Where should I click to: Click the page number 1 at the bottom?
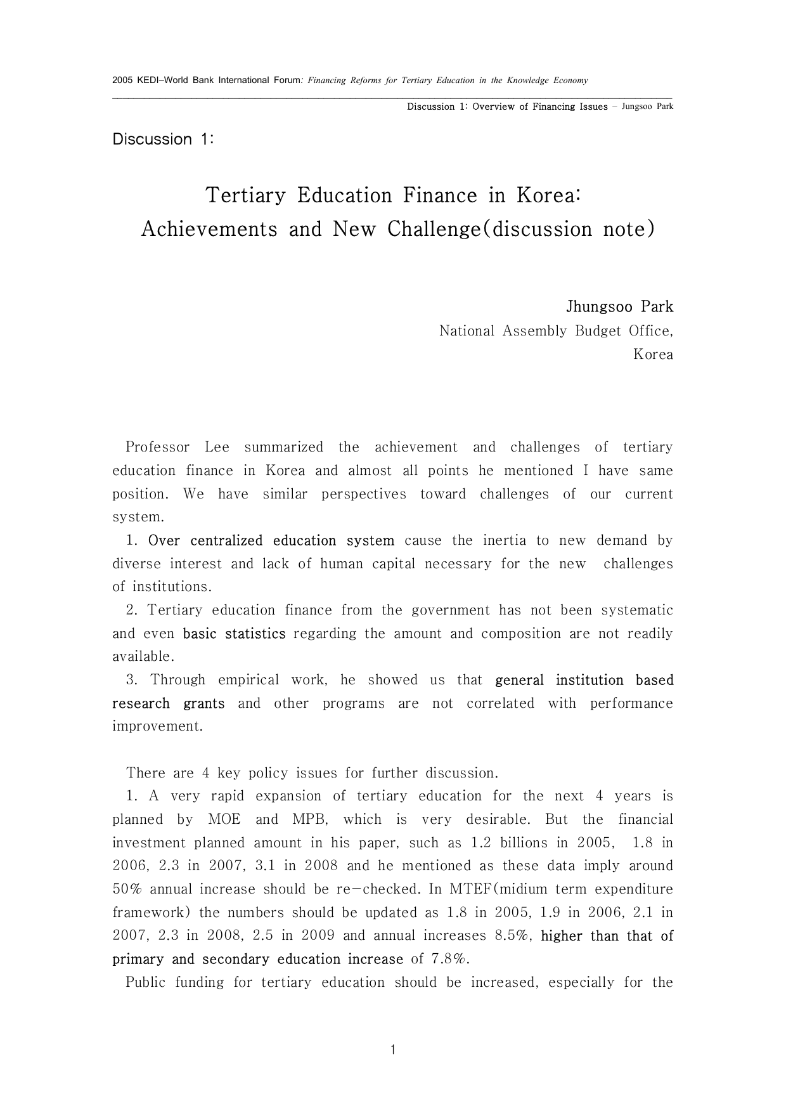[393, 1050]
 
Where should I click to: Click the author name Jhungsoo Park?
[619, 307]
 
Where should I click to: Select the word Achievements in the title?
[209, 229]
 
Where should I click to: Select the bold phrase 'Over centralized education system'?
[271, 541]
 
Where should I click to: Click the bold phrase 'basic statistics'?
[234, 634]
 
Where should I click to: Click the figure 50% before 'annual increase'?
[126, 890]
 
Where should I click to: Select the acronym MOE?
[224, 819]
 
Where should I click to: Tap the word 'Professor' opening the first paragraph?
[157, 448]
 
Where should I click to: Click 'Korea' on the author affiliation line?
[653, 355]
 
